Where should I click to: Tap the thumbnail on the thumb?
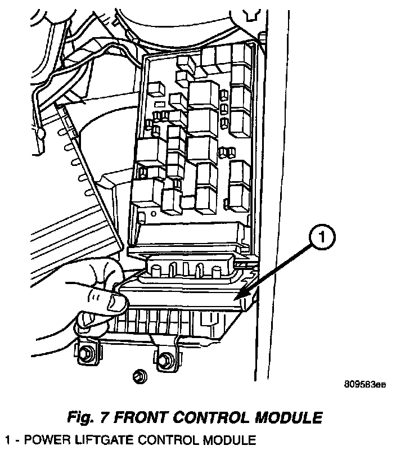[116, 304]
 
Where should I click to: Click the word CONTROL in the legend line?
[160, 439]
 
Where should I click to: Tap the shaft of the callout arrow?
[276, 269]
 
